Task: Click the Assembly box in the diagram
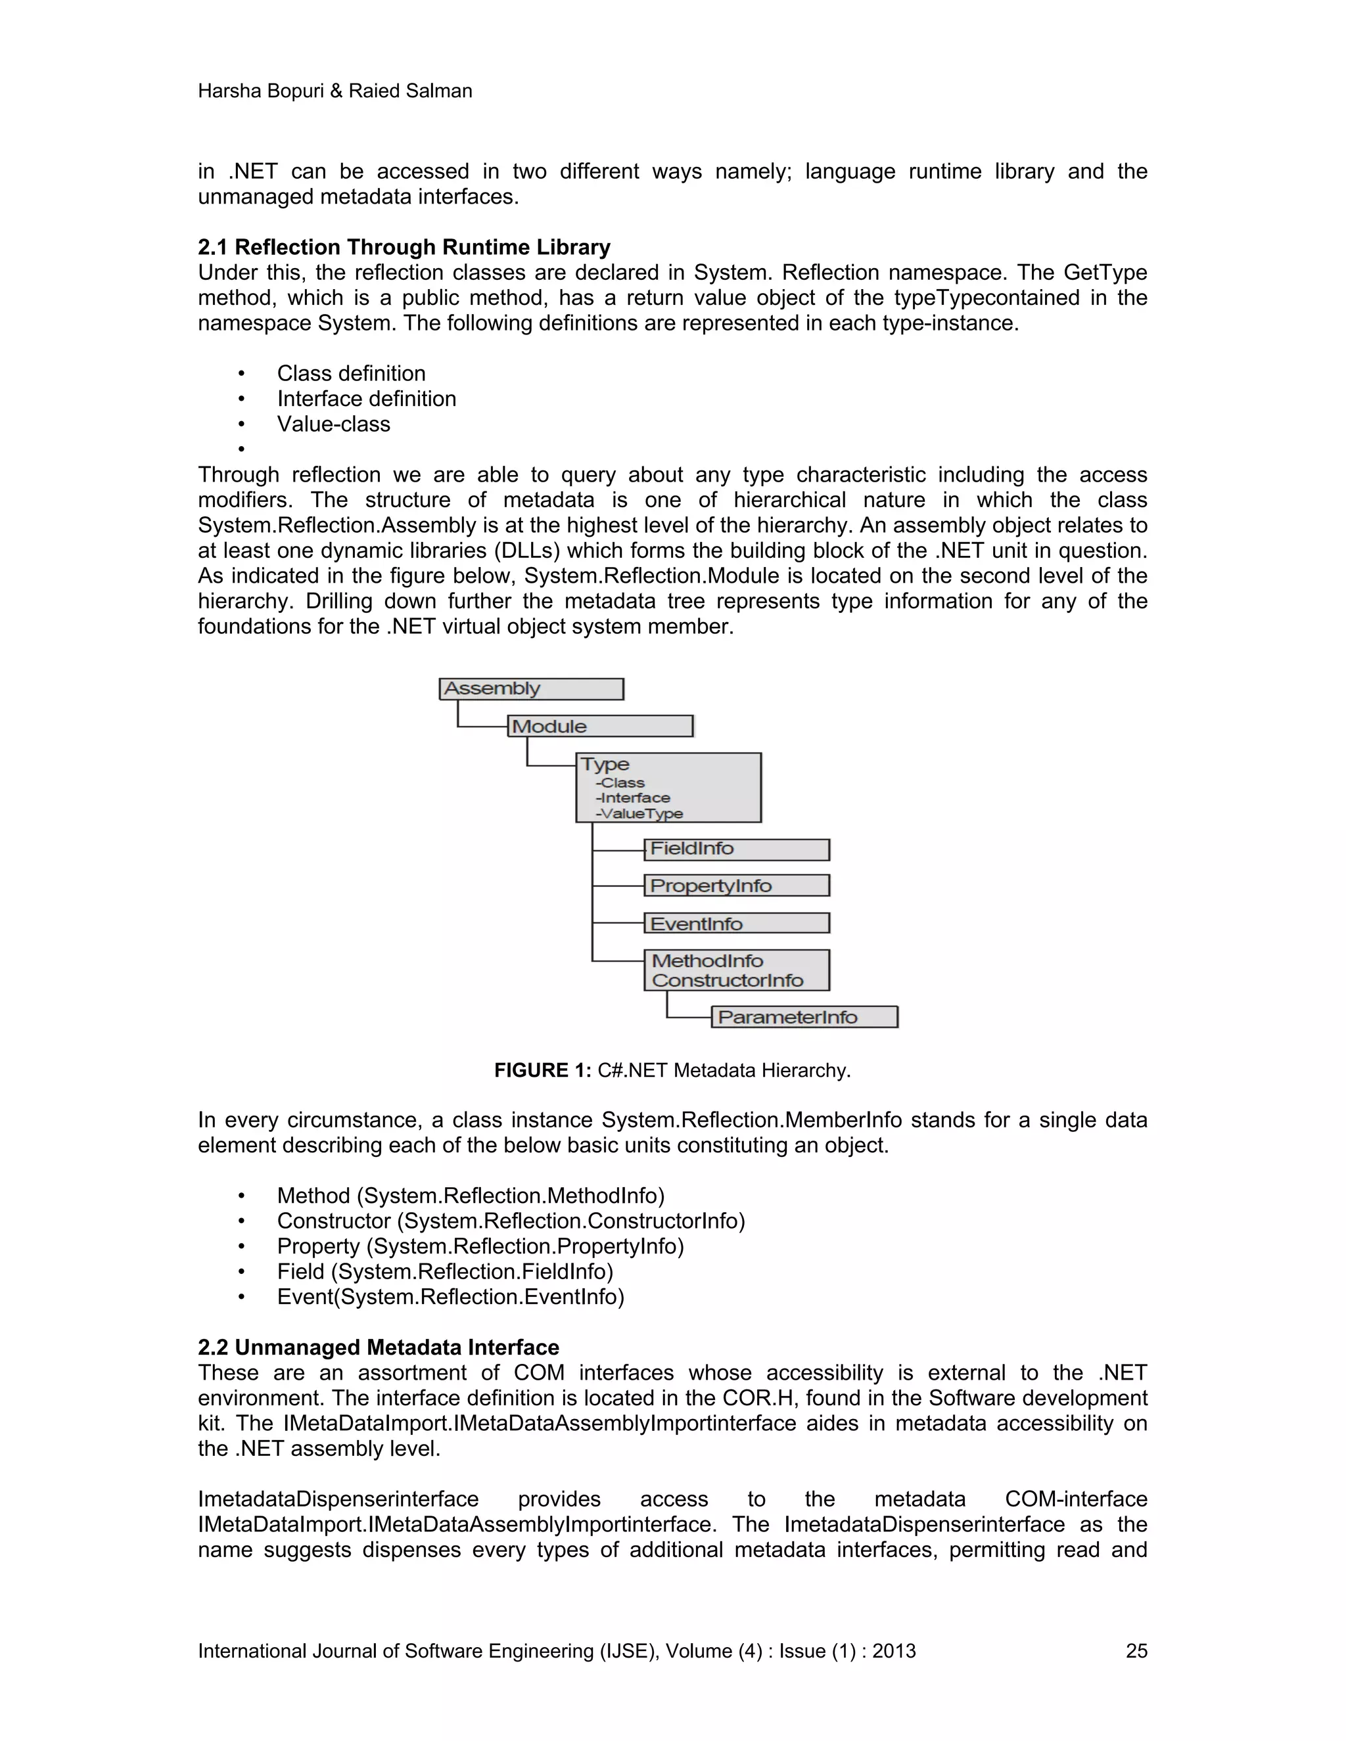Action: coord(531,689)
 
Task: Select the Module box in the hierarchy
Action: coord(599,726)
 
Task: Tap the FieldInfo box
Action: coord(736,849)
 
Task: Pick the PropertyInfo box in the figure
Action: coord(736,886)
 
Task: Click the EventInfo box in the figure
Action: coord(736,923)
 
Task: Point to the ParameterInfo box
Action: coord(804,1017)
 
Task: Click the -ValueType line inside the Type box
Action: coord(639,814)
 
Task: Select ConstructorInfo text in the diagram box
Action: coord(728,980)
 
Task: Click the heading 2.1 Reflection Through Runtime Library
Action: coord(404,247)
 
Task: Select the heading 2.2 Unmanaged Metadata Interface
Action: coord(378,1347)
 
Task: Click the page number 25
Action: coord(1136,1651)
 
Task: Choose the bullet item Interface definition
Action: coord(366,399)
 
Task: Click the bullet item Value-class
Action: coord(333,424)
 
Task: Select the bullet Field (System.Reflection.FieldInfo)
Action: coord(445,1271)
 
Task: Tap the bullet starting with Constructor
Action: coord(510,1221)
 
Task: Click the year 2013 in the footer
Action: coord(894,1651)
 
